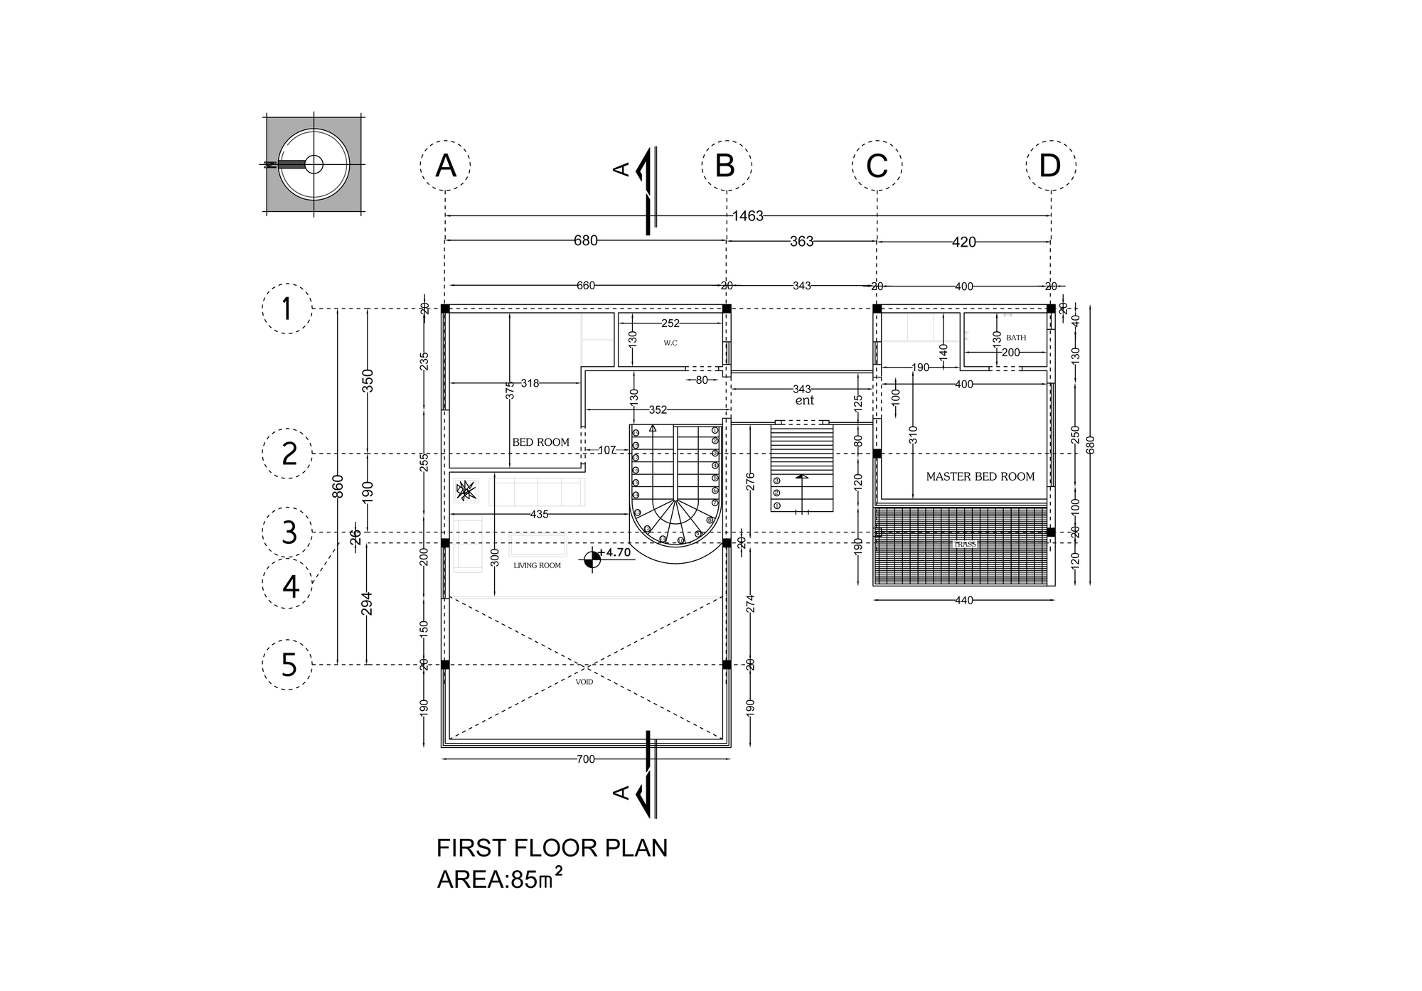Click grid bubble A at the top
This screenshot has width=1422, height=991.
point(445,166)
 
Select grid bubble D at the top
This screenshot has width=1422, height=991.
point(1050,166)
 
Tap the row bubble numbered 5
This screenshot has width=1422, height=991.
point(287,665)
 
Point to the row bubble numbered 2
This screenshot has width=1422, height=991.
point(287,454)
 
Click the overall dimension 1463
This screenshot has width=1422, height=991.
point(748,216)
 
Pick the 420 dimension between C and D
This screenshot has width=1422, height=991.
point(963,242)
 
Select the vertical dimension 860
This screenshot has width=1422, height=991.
point(338,486)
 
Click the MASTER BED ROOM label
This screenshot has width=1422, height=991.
point(980,476)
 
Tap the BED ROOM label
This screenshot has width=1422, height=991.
point(540,442)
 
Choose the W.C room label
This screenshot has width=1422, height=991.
point(670,343)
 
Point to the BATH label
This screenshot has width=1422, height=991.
point(1016,338)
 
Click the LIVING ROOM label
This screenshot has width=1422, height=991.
point(537,566)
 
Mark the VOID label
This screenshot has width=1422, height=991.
point(584,681)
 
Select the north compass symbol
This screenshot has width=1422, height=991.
point(314,164)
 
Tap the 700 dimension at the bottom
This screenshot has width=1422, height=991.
point(585,759)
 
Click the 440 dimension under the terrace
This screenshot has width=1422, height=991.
point(963,601)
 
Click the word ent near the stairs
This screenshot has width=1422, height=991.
point(804,400)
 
